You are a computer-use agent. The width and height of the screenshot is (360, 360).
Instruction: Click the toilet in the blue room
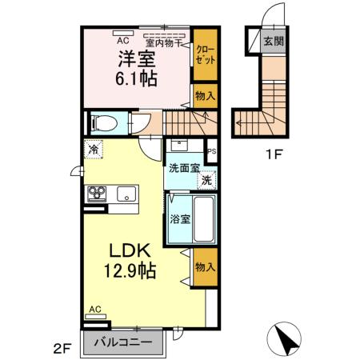click(104, 123)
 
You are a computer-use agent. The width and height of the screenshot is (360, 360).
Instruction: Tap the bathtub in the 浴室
click(204, 219)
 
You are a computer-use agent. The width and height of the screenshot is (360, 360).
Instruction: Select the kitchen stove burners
click(97, 194)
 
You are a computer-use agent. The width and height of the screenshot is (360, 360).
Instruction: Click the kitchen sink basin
click(126, 194)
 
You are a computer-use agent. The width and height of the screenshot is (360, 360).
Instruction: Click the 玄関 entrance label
click(274, 42)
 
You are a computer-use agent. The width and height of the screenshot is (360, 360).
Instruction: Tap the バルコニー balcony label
click(123, 342)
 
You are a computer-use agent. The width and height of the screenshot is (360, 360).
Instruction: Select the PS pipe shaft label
click(212, 151)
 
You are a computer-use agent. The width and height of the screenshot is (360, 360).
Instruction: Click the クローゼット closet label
click(205, 54)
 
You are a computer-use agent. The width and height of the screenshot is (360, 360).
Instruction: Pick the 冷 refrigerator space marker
click(94, 149)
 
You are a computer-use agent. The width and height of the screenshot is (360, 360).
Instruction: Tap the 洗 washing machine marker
click(206, 180)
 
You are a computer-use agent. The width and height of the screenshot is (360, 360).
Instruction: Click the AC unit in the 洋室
click(123, 33)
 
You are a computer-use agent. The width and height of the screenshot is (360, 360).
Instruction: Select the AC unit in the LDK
click(95, 316)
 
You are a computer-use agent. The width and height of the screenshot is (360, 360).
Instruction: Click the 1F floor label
click(274, 154)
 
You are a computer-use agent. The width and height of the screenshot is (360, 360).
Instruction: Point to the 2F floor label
click(62, 349)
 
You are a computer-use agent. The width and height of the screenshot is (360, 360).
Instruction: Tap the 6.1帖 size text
click(136, 78)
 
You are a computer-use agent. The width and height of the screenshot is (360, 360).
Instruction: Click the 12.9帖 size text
click(130, 270)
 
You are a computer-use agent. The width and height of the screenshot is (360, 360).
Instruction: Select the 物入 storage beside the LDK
click(205, 267)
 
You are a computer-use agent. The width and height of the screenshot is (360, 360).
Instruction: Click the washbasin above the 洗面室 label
click(179, 146)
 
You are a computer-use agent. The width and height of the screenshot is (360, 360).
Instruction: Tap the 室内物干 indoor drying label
click(163, 43)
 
